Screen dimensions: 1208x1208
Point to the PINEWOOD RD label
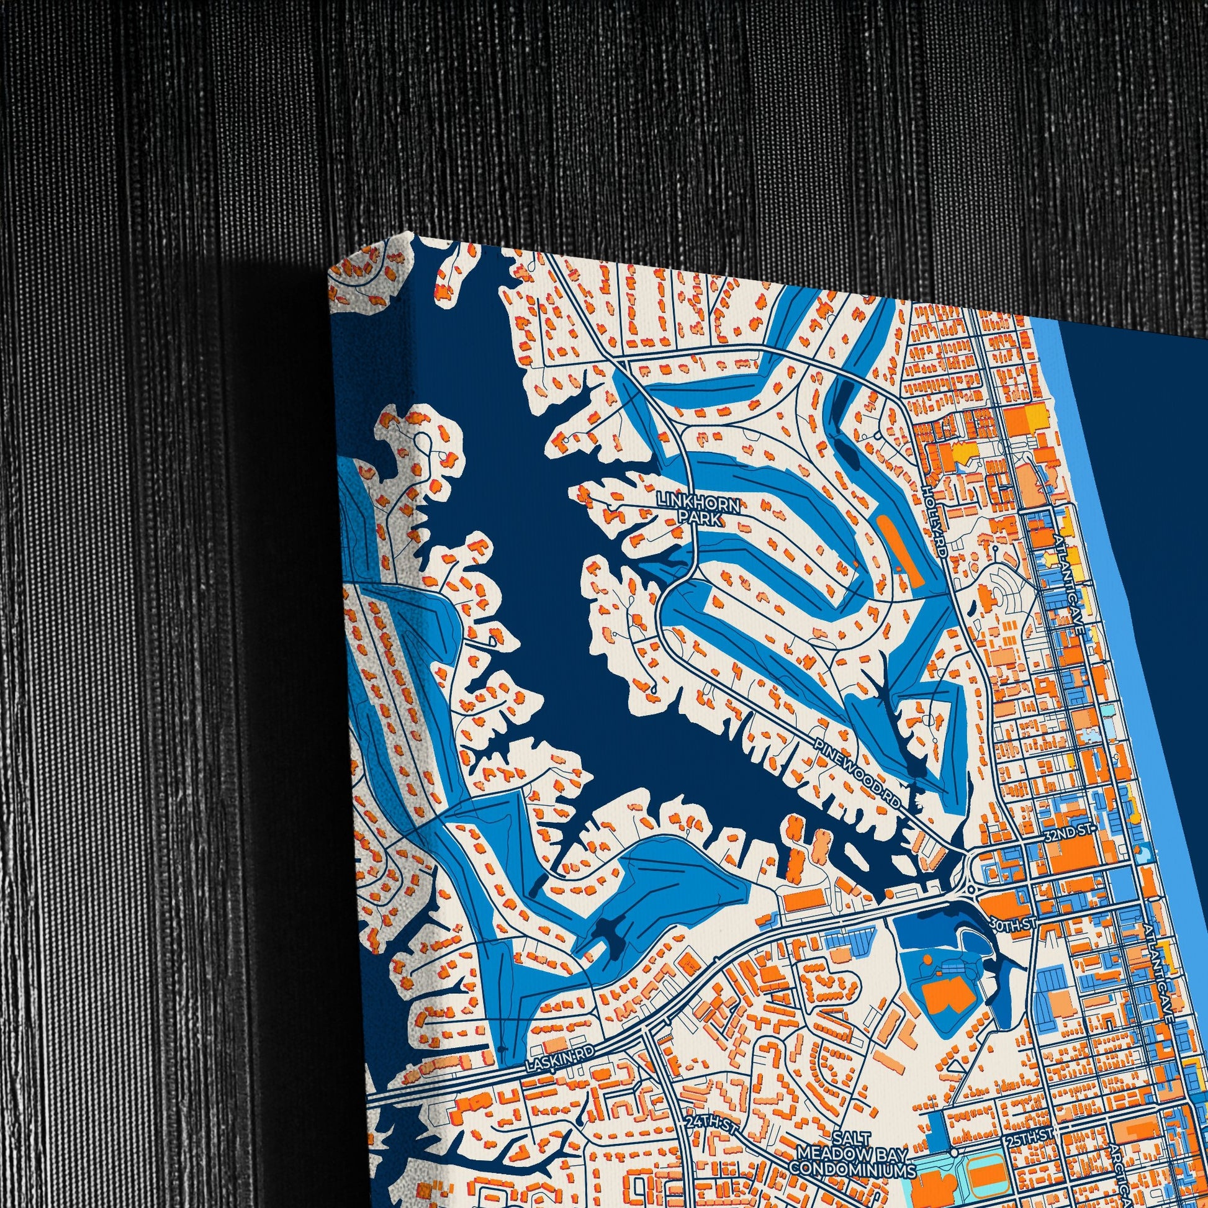point(860,774)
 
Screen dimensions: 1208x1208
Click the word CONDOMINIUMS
point(852,1151)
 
